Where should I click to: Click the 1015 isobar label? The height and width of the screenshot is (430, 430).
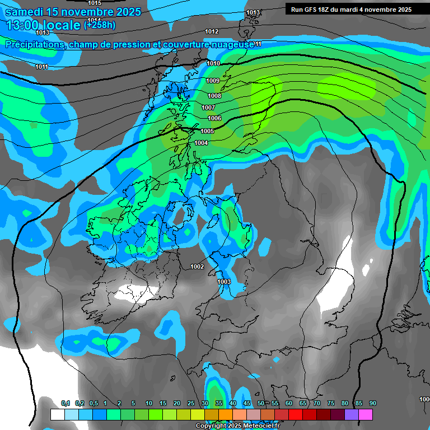click(x=95, y=3)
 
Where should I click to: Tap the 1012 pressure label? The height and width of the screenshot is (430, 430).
click(x=212, y=31)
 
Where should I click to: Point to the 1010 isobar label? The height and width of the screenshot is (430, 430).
click(x=213, y=64)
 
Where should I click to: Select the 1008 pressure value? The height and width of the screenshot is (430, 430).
click(x=214, y=96)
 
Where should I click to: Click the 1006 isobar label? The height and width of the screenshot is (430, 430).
click(x=214, y=119)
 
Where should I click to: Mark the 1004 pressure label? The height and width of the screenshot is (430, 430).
click(x=202, y=143)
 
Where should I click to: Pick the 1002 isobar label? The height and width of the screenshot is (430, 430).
click(x=197, y=267)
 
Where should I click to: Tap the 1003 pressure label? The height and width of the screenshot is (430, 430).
click(x=224, y=282)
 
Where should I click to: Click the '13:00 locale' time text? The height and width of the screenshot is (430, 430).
click(x=42, y=25)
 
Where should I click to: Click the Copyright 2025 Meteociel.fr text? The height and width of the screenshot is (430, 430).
click(x=237, y=426)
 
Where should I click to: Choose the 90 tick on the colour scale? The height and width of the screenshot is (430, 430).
click(x=373, y=403)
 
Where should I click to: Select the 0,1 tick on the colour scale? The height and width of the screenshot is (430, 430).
click(x=66, y=403)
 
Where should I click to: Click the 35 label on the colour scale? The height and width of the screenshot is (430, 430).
click(x=219, y=403)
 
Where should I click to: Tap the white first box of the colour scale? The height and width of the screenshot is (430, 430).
click(x=57, y=414)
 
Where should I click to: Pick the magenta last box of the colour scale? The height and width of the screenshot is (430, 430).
click(x=366, y=414)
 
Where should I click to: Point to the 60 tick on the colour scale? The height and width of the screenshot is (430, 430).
click(x=289, y=403)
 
